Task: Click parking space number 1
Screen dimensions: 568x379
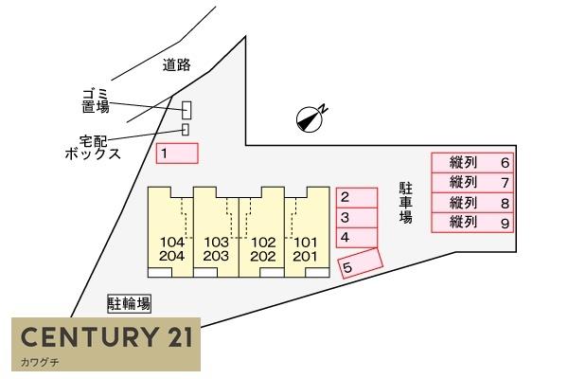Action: coord(177,153)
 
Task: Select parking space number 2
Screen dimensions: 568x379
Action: coord(357,198)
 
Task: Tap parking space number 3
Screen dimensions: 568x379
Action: coord(357,218)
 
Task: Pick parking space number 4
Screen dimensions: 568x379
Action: coord(357,238)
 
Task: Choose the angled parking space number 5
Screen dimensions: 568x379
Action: coord(360,263)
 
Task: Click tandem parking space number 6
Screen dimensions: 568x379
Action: coord(472,163)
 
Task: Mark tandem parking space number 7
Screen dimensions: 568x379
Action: coord(472,183)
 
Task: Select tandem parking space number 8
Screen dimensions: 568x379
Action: coord(472,203)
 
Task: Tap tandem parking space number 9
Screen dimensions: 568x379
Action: coord(472,223)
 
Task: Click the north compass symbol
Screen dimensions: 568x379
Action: coord(310,119)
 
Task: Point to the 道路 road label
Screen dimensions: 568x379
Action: coord(176,65)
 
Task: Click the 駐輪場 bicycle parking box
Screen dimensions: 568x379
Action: coord(129,304)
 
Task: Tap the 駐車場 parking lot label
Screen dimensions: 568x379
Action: coord(406,203)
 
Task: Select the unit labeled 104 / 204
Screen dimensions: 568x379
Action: coord(170,232)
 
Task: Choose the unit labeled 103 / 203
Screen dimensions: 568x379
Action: coord(216,232)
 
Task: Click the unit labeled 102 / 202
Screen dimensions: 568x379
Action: coord(262,232)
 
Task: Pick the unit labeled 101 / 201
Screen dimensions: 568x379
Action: coord(307,232)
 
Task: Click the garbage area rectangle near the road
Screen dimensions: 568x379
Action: coord(186,110)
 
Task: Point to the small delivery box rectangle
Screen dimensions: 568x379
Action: coord(186,130)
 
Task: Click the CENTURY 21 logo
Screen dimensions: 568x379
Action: coord(106,344)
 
